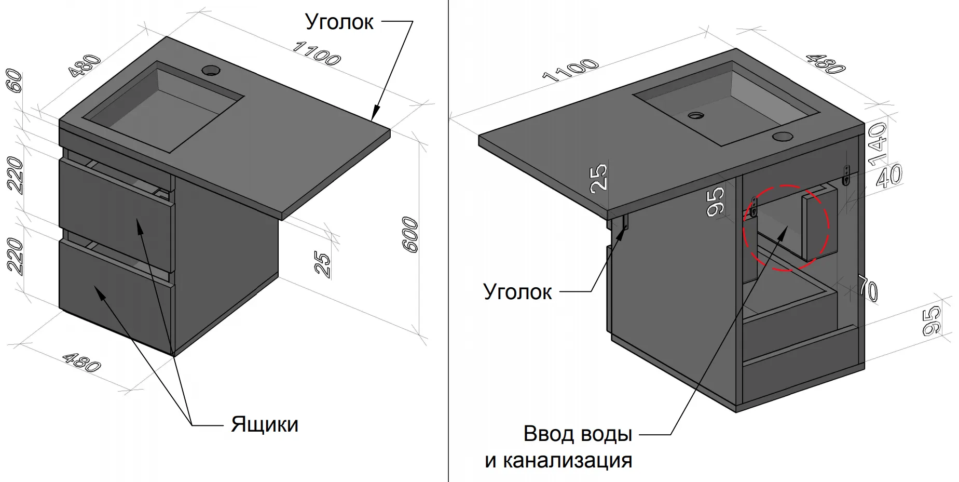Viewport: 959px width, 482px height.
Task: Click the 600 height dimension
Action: point(410,235)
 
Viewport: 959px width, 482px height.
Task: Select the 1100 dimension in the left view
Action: point(316,53)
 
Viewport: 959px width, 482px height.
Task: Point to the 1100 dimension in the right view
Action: point(570,71)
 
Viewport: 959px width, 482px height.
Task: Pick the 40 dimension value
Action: point(889,176)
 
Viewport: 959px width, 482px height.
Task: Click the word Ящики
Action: point(265,424)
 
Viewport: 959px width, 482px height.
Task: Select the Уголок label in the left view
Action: point(339,22)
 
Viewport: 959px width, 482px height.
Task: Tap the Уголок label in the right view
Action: point(517,292)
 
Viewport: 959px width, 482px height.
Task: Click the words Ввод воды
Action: point(578,434)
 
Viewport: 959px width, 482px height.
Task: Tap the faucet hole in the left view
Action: point(211,69)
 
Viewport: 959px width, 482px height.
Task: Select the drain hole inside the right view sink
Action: point(695,115)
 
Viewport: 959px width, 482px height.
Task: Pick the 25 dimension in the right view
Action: point(598,177)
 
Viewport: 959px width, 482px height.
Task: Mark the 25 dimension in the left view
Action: point(322,265)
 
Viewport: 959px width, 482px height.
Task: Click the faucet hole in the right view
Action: point(782,137)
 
